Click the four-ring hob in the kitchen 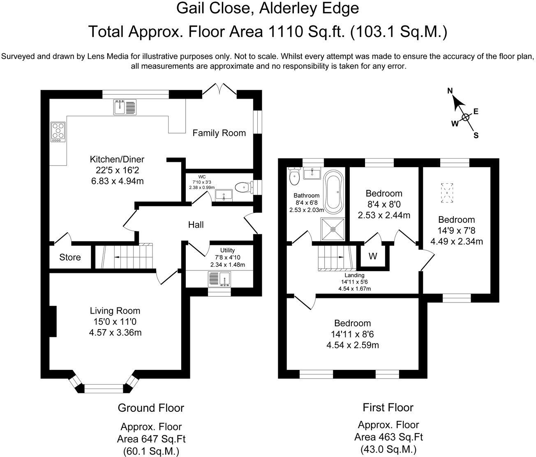tap(58, 132)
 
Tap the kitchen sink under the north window tap(125, 107)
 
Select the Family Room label tap(219, 133)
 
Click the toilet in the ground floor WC tap(244, 187)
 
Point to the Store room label tap(70, 257)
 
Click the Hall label tap(196, 225)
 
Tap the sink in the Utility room tap(219, 279)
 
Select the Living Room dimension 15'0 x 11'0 tap(115, 322)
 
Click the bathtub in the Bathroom tap(333, 192)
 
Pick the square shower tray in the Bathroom tap(333, 229)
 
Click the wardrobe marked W tap(373, 256)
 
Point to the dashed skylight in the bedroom tap(447, 193)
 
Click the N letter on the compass tap(450, 90)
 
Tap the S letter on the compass tap(476, 135)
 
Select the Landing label tap(354, 275)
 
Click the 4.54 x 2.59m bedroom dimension tap(353, 345)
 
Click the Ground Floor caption tap(151, 408)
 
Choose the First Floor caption tap(388, 407)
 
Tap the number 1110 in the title tap(286, 32)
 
